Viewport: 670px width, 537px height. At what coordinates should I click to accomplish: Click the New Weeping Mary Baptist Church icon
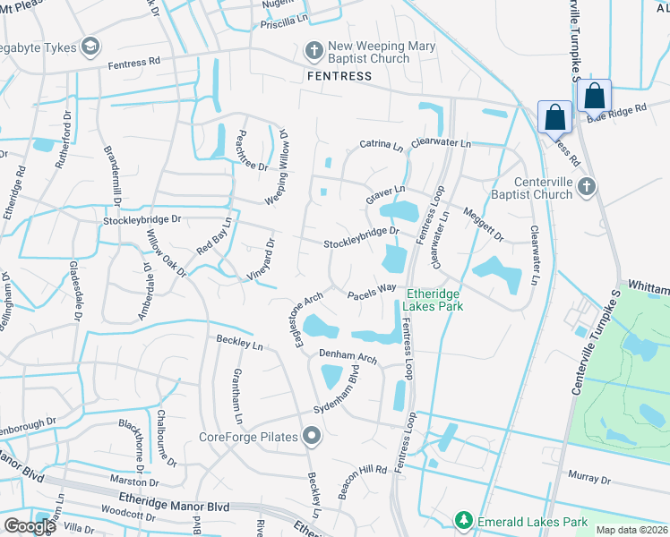tap(314, 52)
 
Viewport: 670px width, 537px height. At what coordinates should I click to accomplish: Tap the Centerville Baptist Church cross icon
tap(586, 186)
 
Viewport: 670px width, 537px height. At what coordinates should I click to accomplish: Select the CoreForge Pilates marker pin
tap(312, 437)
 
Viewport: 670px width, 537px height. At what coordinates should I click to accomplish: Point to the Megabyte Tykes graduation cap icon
tap(90, 45)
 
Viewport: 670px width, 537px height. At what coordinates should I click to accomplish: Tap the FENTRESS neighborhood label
tap(339, 76)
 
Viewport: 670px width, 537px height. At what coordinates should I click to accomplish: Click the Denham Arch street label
tap(348, 356)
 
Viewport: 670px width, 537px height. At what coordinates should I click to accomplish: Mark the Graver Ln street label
tap(386, 191)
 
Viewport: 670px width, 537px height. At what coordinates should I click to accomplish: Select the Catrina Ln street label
tap(381, 144)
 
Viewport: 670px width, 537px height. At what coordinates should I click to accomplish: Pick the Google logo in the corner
tap(30, 526)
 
